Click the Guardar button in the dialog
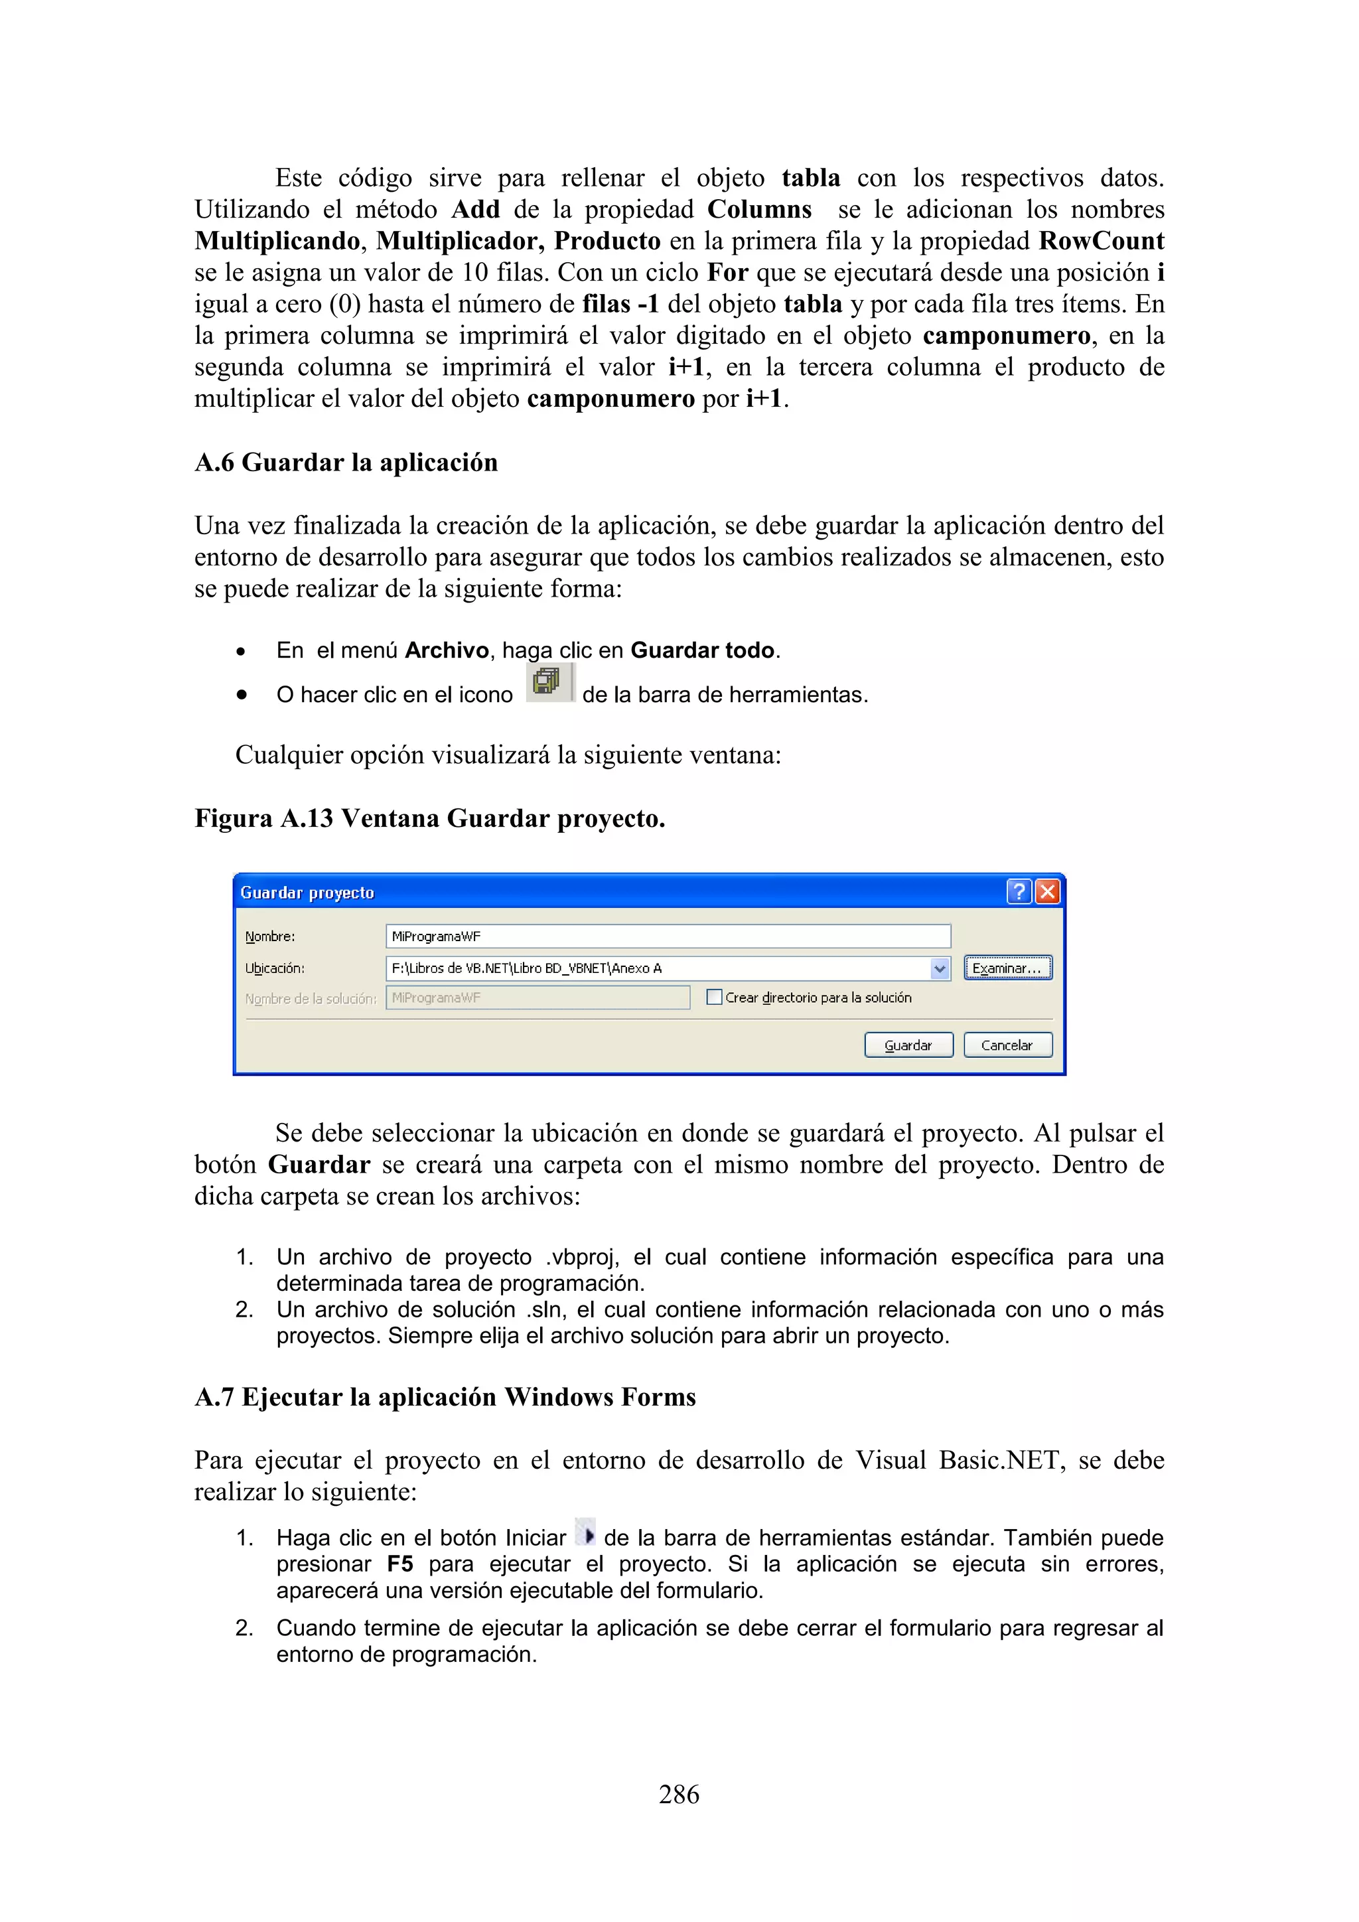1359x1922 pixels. pyautogui.click(x=908, y=1045)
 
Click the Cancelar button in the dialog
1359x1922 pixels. pyautogui.click(x=1007, y=1045)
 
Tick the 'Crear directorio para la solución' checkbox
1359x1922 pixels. pyautogui.click(x=714, y=997)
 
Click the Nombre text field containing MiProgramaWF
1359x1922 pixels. pyautogui.click(x=667, y=936)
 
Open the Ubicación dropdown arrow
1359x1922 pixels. pyautogui.click(x=940, y=968)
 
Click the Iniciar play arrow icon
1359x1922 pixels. pyautogui.click(x=587, y=1534)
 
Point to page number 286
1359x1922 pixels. pyautogui.click(x=679, y=1794)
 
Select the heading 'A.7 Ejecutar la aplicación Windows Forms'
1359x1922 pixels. pyautogui.click(x=445, y=1397)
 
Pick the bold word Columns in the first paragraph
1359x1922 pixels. pyautogui.click(x=759, y=209)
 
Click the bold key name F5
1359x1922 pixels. pyautogui.click(x=400, y=1564)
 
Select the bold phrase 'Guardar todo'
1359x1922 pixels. pyautogui.click(x=702, y=650)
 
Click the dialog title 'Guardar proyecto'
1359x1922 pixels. pyautogui.click(x=307, y=893)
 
